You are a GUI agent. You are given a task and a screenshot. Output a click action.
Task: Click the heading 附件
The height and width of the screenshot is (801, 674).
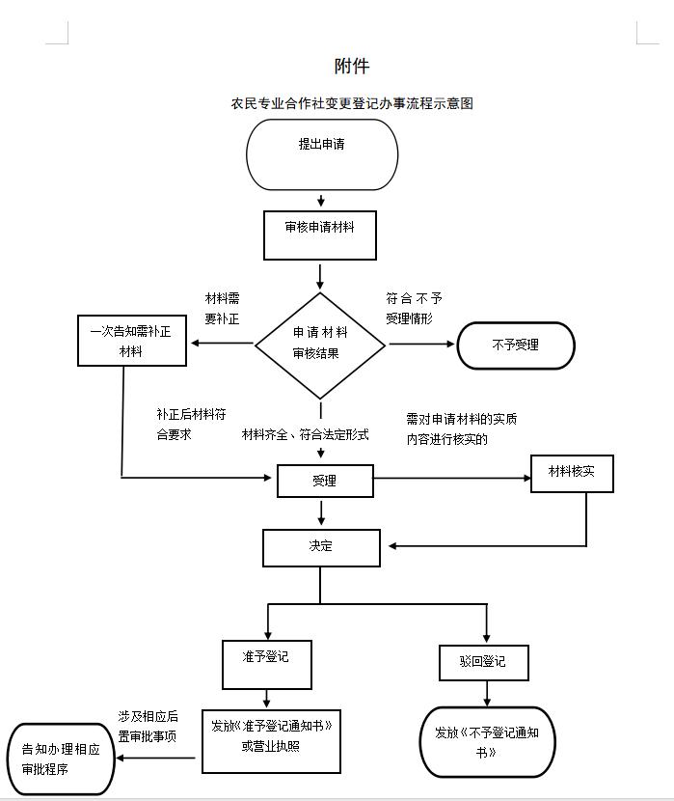point(352,66)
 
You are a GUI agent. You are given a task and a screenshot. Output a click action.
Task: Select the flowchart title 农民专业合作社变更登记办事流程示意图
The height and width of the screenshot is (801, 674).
point(351,103)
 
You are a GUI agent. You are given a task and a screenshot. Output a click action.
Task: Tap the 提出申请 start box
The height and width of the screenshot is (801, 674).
point(322,153)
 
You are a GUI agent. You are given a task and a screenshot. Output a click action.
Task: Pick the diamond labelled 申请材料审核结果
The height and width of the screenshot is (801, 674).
point(320,345)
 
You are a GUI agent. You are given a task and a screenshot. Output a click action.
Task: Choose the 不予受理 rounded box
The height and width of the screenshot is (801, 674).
point(515,345)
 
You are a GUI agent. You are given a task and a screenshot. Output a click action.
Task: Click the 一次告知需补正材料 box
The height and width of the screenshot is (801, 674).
point(131,342)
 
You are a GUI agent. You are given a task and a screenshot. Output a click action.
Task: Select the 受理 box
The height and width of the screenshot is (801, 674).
point(325,481)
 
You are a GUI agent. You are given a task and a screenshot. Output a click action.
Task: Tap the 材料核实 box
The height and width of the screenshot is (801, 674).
point(572,472)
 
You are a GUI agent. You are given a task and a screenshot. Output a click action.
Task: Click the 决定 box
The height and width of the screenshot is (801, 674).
point(321,547)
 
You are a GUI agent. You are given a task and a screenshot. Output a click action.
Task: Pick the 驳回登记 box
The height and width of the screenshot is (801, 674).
point(485,663)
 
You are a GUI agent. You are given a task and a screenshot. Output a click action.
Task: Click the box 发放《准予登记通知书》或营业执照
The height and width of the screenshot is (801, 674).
point(271,741)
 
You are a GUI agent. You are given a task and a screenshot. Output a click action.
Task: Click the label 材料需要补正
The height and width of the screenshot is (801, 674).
point(222,309)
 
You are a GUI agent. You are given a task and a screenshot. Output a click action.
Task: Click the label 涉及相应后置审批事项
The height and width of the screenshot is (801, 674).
point(148,726)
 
